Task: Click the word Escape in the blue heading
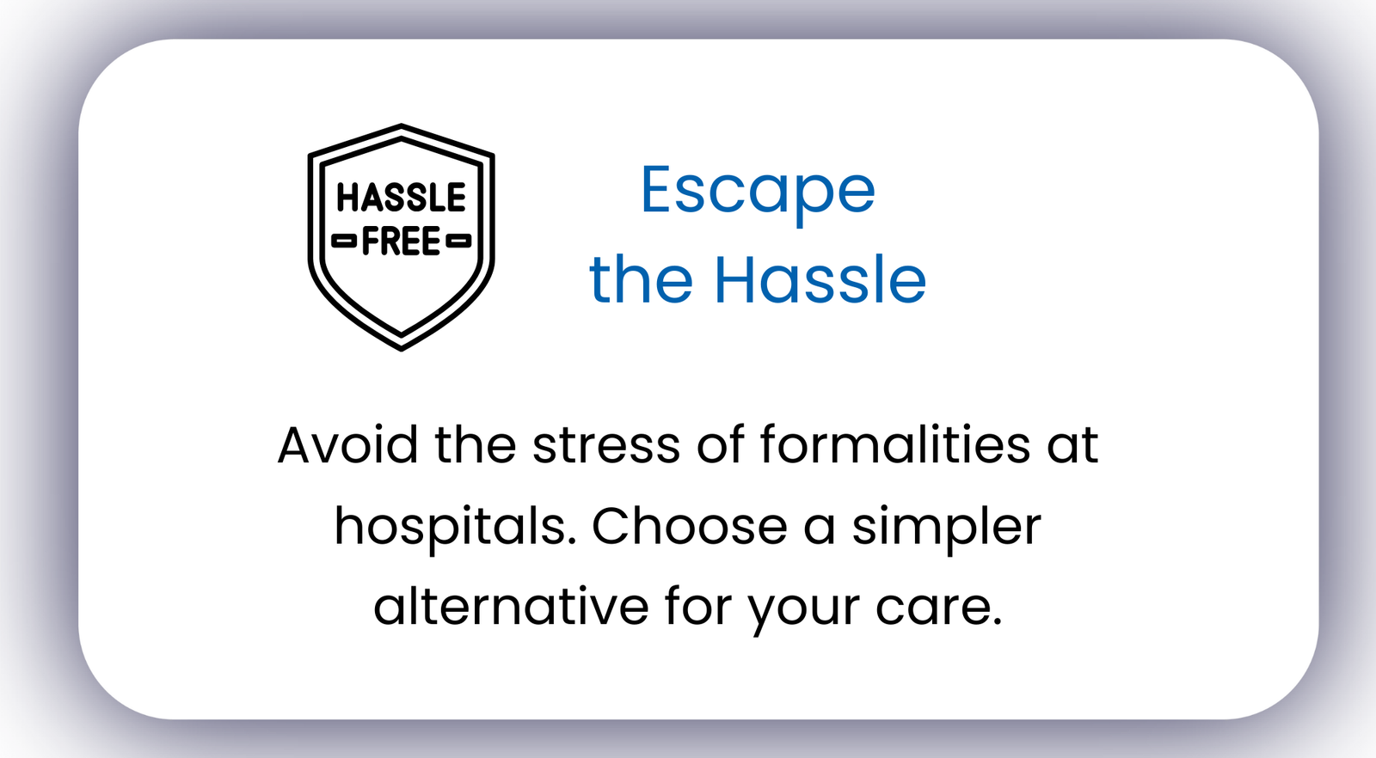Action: click(758, 192)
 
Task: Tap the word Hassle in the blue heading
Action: click(820, 280)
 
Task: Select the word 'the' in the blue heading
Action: click(641, 280)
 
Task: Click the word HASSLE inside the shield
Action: click(401, 198)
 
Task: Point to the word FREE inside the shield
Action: click(401, 241)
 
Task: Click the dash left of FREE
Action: click(344, 241)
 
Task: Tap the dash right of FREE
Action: click(458, 241)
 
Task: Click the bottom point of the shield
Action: click(401, 350)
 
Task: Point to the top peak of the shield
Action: click(401, 125)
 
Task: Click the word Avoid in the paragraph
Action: click(347, 443)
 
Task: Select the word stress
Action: click(606, 445)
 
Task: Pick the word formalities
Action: click(895, 443)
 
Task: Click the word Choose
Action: click(689, 527)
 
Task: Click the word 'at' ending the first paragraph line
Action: click(1072, 445)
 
